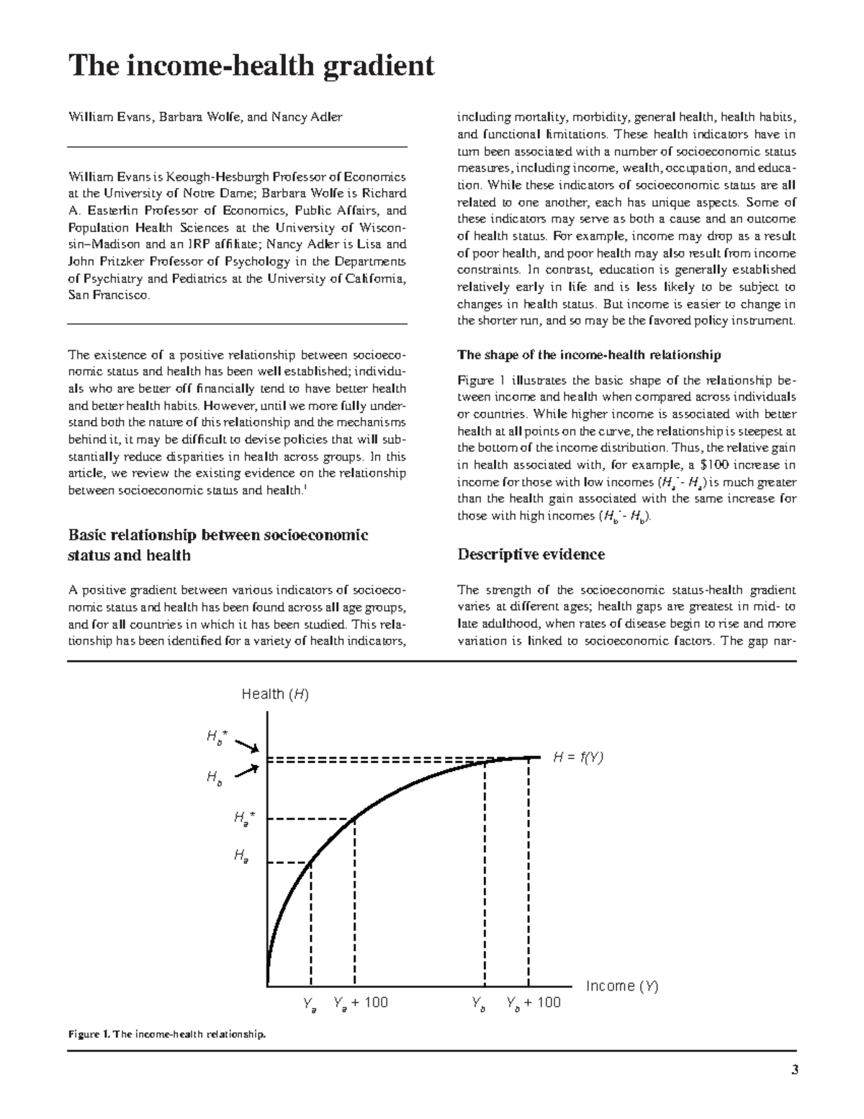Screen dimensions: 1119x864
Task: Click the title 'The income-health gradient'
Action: tap(251, 66)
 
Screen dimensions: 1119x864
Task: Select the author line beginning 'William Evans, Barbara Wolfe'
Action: tap(205, 117)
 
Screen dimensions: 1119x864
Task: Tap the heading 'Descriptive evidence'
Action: tap(531, 554)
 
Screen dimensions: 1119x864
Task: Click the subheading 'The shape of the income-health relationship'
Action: tap(589, 355)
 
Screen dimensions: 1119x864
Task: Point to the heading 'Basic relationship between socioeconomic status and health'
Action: tap(217, 545)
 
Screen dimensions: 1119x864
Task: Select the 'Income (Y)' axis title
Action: tap(622, 986)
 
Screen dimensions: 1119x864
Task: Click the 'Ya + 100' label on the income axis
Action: tap(361, 1003)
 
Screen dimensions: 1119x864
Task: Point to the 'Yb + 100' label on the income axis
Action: tap(533, 1003)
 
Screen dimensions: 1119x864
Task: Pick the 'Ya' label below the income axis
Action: tap(310, 1004)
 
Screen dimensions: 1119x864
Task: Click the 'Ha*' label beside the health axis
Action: tap(244, 818)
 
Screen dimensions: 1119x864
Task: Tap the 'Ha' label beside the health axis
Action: tap(241, 856)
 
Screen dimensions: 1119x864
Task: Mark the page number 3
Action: tap(795, 1070)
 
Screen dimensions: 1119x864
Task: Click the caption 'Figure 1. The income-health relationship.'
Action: tap(167, 1035)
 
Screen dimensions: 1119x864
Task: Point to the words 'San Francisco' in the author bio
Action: tap(108, 295)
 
